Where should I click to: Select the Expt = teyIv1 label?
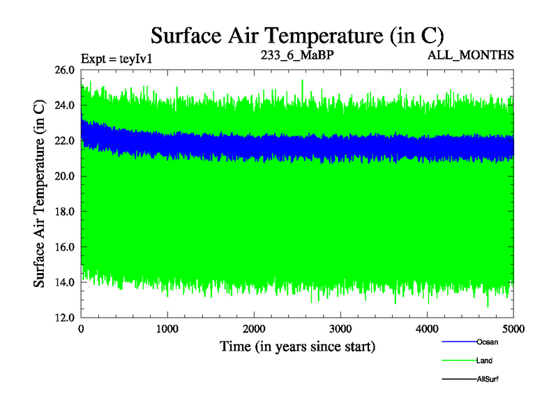[116, 58]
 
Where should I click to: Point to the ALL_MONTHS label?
[471, 54]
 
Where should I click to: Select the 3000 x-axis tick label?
[340, 329]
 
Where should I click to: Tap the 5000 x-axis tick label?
[513, 329]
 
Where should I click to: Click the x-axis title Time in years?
[298, 346]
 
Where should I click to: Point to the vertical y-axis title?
[40, 193]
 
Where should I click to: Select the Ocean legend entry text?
[487, 342]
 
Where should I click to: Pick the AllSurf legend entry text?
[487, 379]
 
